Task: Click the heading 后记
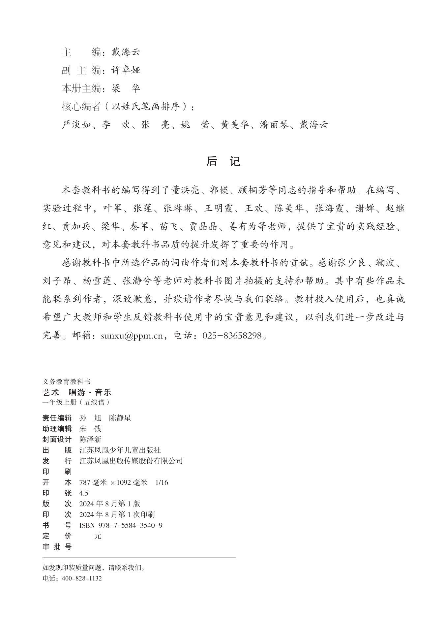coord(223,161)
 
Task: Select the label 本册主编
coord(81,88)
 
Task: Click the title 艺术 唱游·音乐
coord(77,392)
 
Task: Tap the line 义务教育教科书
coord(66,381)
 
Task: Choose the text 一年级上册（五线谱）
coord(76,402)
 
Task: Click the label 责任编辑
coord(57,418)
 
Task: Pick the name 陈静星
coord(120,418)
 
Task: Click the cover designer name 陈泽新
coord(90,440)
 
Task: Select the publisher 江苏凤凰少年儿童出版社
coord(120,450)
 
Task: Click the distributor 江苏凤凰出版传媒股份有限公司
coord(131,461)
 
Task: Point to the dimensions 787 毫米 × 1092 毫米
coord(113,482)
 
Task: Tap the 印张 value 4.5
coord(84,493)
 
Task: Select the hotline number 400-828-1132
coord(82,578)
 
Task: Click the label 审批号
coord(57,547)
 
